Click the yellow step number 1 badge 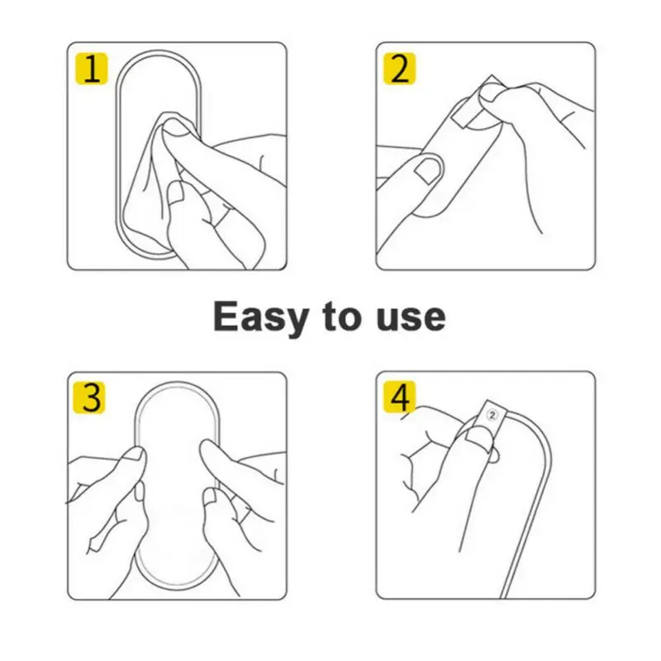point(92,69)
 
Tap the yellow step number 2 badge point(400,69)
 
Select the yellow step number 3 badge point(89,397)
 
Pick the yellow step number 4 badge point(400,397)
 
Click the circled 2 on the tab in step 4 point(492,415)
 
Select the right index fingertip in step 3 point(210,449)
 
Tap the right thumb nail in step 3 point(212,497)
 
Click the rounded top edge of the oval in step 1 point(159,53)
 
